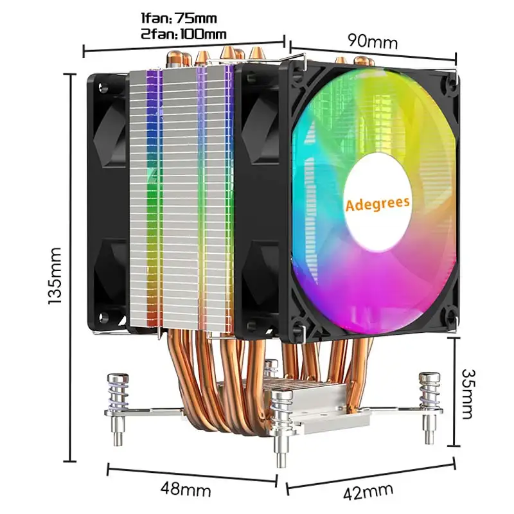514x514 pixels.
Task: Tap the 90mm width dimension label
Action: point(373,41)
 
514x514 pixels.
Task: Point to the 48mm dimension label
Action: point(186,490)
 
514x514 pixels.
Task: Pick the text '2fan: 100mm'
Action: point(184,33)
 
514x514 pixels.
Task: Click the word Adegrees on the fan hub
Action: point(377,204)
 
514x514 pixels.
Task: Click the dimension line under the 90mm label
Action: point(373,52)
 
